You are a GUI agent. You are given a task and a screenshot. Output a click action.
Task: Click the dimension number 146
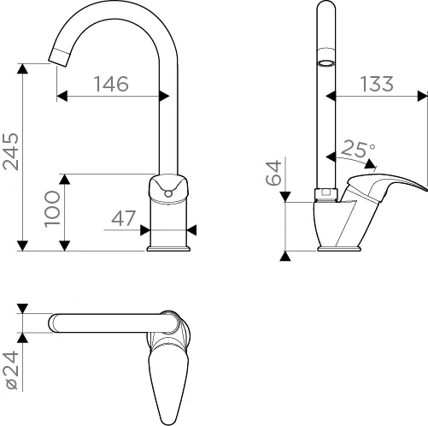(111, 84)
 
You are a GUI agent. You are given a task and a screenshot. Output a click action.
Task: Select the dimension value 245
(11, 151)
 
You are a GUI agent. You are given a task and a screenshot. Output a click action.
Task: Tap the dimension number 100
(52, 209)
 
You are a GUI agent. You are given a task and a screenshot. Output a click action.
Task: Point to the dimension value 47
(123, 218)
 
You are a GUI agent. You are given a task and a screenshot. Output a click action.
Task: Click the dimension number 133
(377, 84)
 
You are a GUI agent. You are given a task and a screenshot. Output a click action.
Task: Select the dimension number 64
(273, 173)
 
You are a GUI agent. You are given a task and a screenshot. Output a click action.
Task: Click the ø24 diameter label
(11, 370)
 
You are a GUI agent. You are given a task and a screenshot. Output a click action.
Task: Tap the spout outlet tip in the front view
(59, 58)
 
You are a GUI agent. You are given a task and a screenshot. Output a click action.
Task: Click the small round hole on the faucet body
(168, 194)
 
